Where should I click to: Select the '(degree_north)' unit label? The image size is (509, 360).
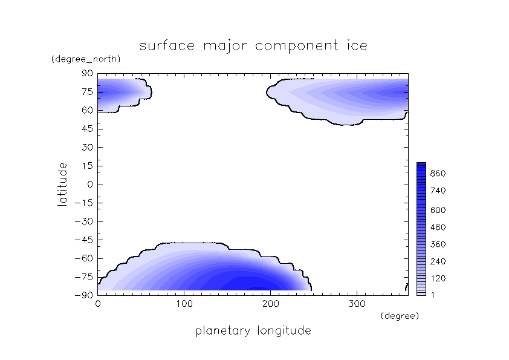point(86,59)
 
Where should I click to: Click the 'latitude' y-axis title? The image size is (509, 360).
point(62,185)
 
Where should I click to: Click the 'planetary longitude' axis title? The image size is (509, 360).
point(253,331)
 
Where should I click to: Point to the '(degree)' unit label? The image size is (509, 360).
point(399,316)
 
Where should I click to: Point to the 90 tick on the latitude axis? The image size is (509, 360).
point(87,73)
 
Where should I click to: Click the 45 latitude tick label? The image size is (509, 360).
point(87,129)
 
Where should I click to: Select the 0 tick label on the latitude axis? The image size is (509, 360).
point(91,185)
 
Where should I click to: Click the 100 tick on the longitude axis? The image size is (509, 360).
point(184,304)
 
